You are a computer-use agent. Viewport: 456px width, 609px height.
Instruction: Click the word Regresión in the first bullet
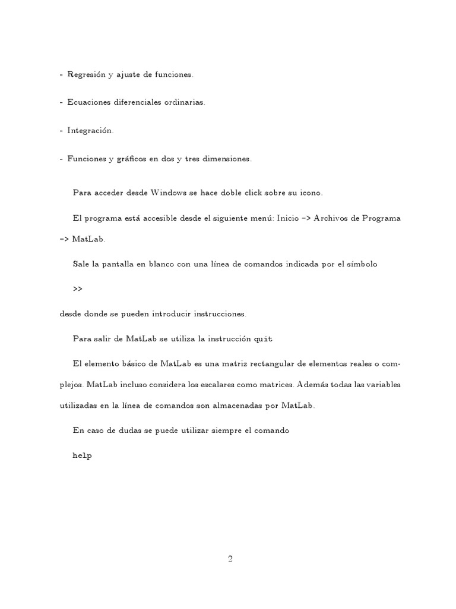tap(87, 75)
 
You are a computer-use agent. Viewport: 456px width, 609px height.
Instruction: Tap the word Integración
tap(90, 130)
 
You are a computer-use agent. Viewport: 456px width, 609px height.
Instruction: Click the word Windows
tap(170, 193)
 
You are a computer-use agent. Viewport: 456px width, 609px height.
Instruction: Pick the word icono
tap(310, 193)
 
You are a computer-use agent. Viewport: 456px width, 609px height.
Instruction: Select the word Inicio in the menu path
tap(288, 218)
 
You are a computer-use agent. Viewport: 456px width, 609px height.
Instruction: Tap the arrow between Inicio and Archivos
tap(306, 218)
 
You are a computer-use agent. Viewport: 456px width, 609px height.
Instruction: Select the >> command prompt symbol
tap(78, 289)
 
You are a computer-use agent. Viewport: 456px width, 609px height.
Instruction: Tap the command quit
tap(263, 339)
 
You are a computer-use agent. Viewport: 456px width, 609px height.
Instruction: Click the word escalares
tap(234, 385)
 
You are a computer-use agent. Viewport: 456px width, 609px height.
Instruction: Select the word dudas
tap(125, 430)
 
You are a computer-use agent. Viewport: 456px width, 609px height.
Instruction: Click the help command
tap(82, 456)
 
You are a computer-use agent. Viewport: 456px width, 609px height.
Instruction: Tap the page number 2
tap(230, 558)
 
